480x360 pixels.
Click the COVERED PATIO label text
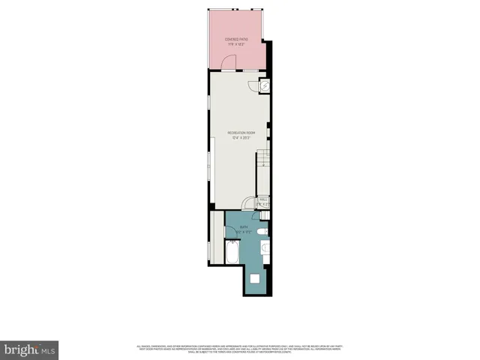(x=237, y=38)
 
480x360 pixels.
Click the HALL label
(x=262, y=199)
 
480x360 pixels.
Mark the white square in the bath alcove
(x=256, y=277)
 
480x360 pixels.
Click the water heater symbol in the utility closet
(x=264, y=87)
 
